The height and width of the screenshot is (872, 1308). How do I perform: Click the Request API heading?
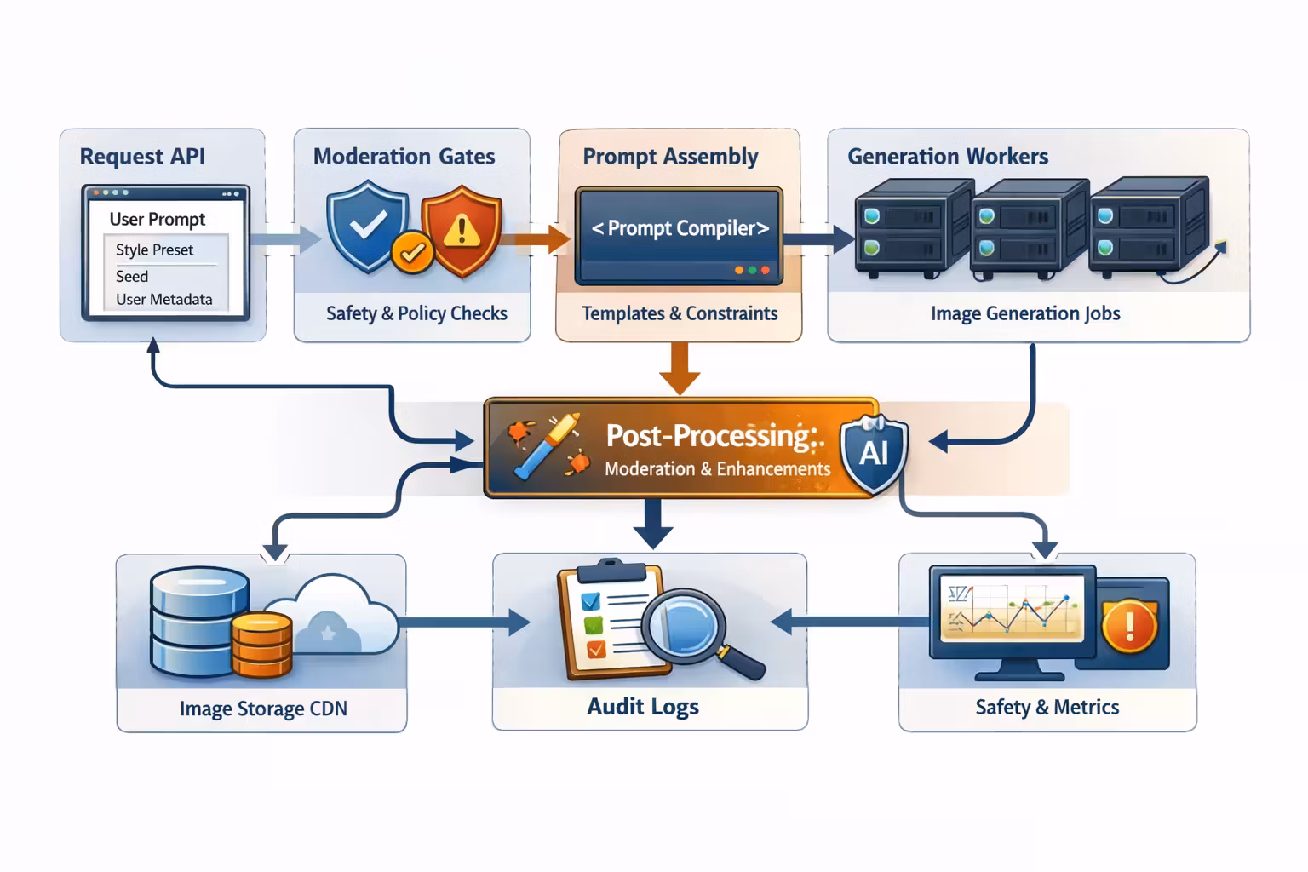142,157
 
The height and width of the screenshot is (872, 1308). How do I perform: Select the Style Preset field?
155,250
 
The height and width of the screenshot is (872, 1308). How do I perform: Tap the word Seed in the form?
132,276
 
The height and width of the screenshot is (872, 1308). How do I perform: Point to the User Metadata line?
163,299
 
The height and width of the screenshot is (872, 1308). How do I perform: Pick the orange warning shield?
462,230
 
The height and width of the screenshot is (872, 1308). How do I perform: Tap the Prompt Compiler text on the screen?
680,228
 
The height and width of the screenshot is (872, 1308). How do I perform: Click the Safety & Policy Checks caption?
416,313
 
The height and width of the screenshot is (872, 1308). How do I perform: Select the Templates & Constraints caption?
680,313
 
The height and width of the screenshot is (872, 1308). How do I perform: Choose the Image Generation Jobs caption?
1025,313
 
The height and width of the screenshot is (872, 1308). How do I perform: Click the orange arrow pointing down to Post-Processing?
680,368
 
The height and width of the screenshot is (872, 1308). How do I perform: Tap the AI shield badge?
874,453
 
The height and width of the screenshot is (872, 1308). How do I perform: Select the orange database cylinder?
261,644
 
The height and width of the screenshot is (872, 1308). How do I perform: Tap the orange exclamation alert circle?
1129,626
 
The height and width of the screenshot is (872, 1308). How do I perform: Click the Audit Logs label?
643,707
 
